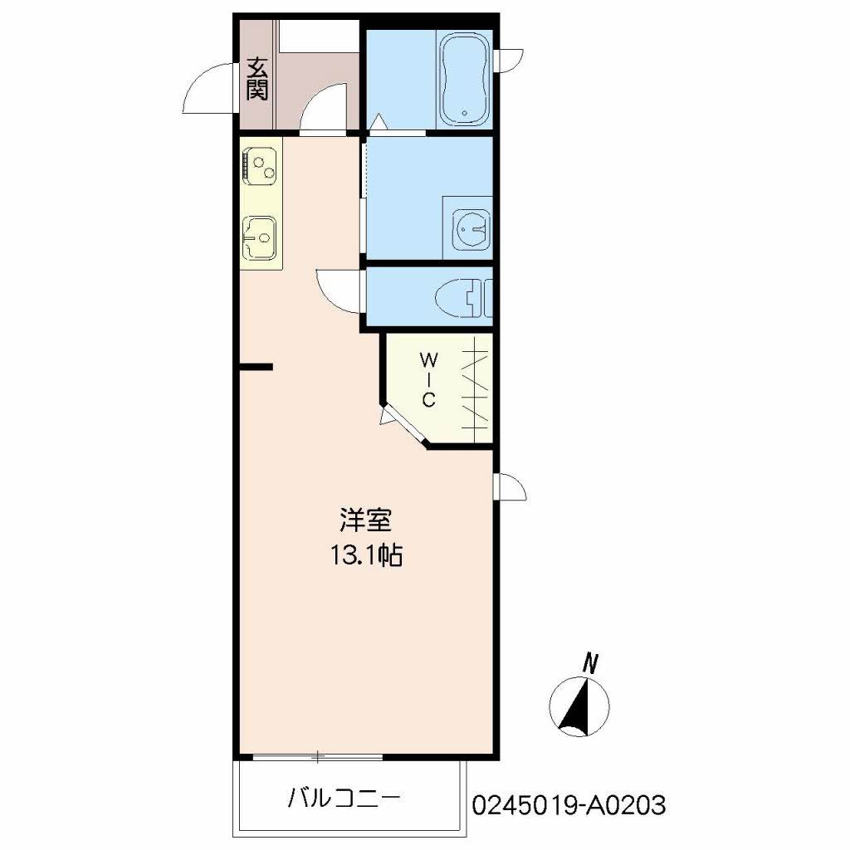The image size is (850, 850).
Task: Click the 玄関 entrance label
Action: [x=257, y=78]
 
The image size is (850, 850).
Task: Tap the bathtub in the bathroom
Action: [x=465, y=79]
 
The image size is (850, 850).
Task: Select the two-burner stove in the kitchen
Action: [x=261, y=163]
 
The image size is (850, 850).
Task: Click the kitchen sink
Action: [x=261, y=236]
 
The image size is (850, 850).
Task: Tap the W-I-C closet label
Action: [x=428, y=379]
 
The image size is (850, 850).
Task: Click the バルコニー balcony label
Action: [x=344, y=799]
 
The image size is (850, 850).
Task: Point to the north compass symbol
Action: [x=579, y=706]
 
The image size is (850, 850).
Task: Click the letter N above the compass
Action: [x=591, y=663]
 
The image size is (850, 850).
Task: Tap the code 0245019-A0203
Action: [x=569, y=804]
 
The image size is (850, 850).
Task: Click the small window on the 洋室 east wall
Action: [x=509, y=487]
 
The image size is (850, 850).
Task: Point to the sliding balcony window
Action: [x=317, y=756]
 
